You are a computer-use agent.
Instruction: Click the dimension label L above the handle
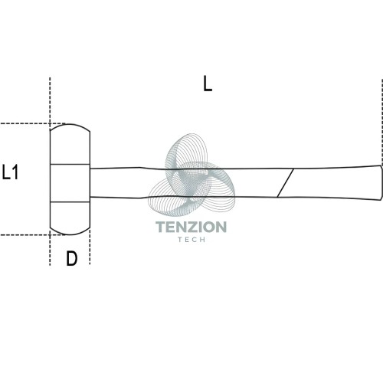[208, 83]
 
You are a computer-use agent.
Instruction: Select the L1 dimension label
[10, 172]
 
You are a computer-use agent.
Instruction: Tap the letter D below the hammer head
[71, 258]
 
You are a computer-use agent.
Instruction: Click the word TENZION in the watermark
[191, 227]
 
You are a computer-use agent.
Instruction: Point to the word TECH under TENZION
[191, 240]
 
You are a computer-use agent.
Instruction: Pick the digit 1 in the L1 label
[15, 172]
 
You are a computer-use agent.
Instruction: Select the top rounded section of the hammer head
[70, 144]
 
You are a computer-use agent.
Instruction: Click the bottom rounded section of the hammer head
[70, 218]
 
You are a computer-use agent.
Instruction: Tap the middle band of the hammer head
[70, 183]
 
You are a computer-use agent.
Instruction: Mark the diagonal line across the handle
[286, 183]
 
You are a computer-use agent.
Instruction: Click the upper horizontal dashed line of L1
[32, 123]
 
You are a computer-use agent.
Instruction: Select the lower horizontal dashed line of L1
[32, 234]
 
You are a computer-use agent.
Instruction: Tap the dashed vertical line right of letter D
[90, 247]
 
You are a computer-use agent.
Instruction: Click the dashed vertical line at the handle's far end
[382, 123]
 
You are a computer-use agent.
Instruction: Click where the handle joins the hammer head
[90, 183]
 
